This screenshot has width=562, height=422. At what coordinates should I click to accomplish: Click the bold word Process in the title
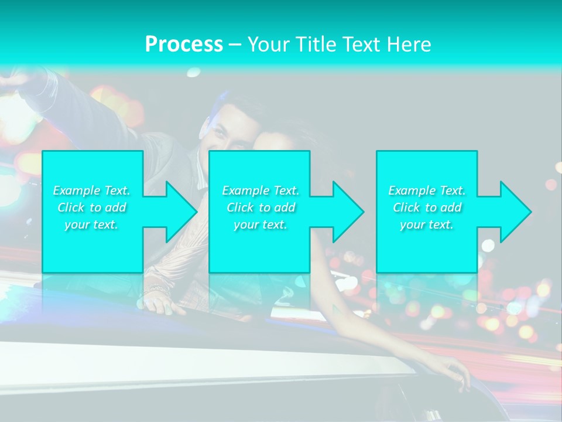(x=184, y=45)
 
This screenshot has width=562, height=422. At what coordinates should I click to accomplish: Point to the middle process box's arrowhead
(x=344, y=212)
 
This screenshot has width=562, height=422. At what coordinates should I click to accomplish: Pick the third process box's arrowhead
(x=512, y=212)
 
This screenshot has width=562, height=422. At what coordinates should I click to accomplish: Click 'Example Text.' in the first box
(x=92, y=190)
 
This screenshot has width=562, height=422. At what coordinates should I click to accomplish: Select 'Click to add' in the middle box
(x=261, y=207)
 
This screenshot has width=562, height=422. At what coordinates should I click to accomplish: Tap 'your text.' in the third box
(x=427, y=224)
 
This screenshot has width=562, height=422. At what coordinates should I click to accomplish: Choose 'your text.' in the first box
(x=92, y=224)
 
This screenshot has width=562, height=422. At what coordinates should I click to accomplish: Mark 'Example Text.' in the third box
(x=427, y=190)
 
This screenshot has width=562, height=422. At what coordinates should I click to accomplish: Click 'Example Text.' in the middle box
(x=261, y=190)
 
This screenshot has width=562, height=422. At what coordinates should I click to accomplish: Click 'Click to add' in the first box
(x=92, y=207)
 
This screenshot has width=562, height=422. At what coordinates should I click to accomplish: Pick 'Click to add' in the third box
(x=427, y=207)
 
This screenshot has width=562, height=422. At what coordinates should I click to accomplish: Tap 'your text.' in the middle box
(x=261, y=224)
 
